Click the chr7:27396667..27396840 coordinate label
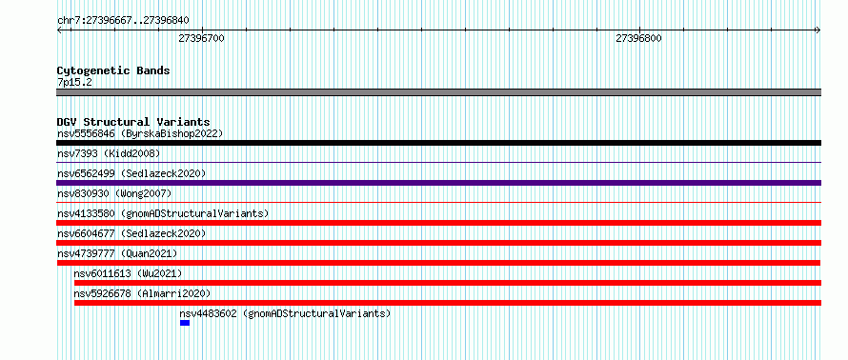click(123, 21)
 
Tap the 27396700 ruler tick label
click(201, 38)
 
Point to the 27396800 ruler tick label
click(638, 38)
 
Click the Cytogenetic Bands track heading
click(113, 70)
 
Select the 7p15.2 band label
click(73, 82)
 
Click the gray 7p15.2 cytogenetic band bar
click(438, 92)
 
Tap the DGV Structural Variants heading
click(133, 122)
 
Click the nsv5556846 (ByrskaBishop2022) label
click(140, 133)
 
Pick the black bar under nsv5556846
click(438, 143)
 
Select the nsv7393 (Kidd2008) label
click(109, 153)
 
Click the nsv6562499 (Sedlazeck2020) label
click(131, 173)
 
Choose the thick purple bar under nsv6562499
click(438, 183)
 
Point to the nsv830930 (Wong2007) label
click(114, 193)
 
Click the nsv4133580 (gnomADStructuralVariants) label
click(163, 213)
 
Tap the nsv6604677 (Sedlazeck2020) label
click(131, 233)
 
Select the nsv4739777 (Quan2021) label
click(117, 253)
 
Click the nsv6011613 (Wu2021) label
click(128, 273)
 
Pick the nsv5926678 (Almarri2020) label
click(142, 293)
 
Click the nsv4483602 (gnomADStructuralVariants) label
click(285, 313)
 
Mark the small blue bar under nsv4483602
click(185, 323)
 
